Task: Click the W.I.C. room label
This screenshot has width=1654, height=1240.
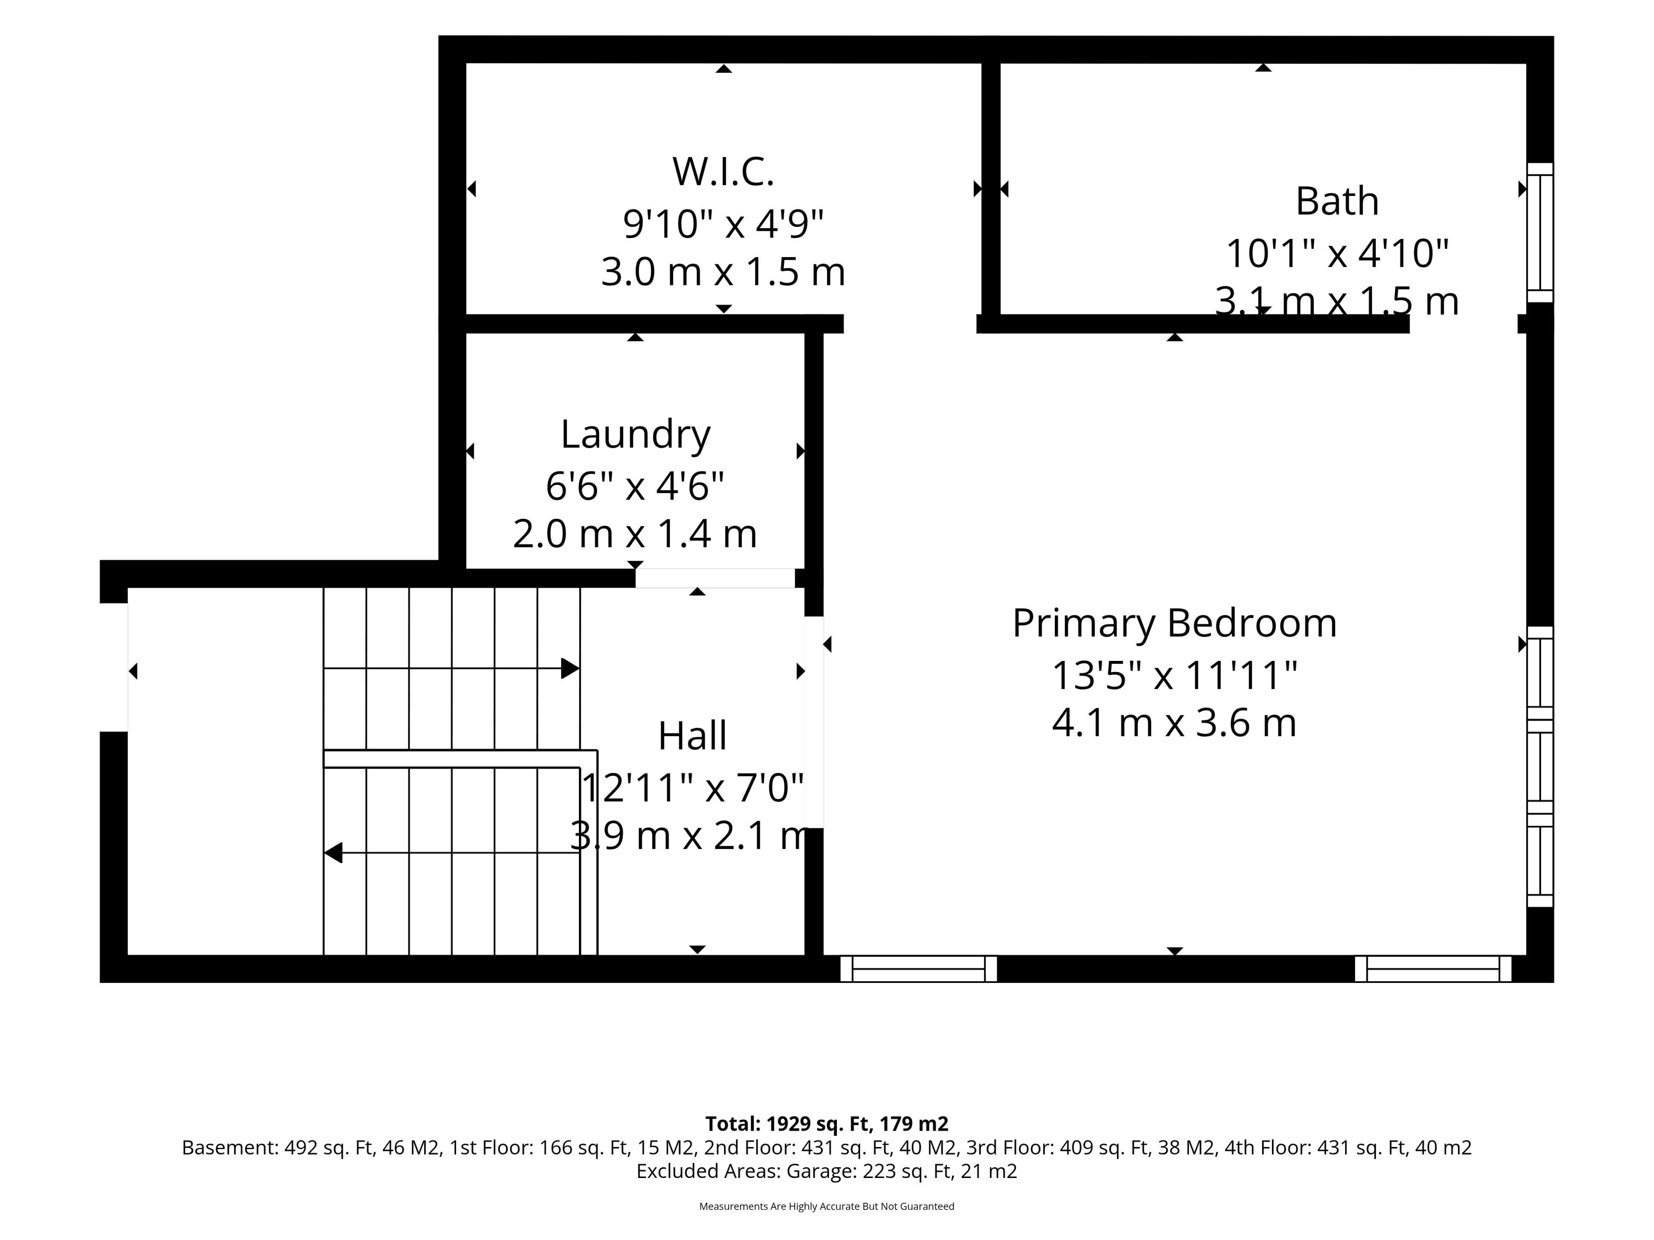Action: click(723, 171)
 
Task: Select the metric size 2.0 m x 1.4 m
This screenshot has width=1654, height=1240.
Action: click(635, 533)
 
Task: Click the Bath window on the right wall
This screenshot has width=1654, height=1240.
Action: click(1539, 232)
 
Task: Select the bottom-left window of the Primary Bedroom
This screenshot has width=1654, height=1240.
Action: click(918, 969)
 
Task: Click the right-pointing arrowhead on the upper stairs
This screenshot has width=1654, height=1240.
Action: click(570, 668)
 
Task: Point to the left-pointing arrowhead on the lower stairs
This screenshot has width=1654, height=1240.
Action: click(333, 853)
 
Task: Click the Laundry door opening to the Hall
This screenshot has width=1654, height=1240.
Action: click(715, 578)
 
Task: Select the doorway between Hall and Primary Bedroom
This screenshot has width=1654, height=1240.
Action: click(814, 722)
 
